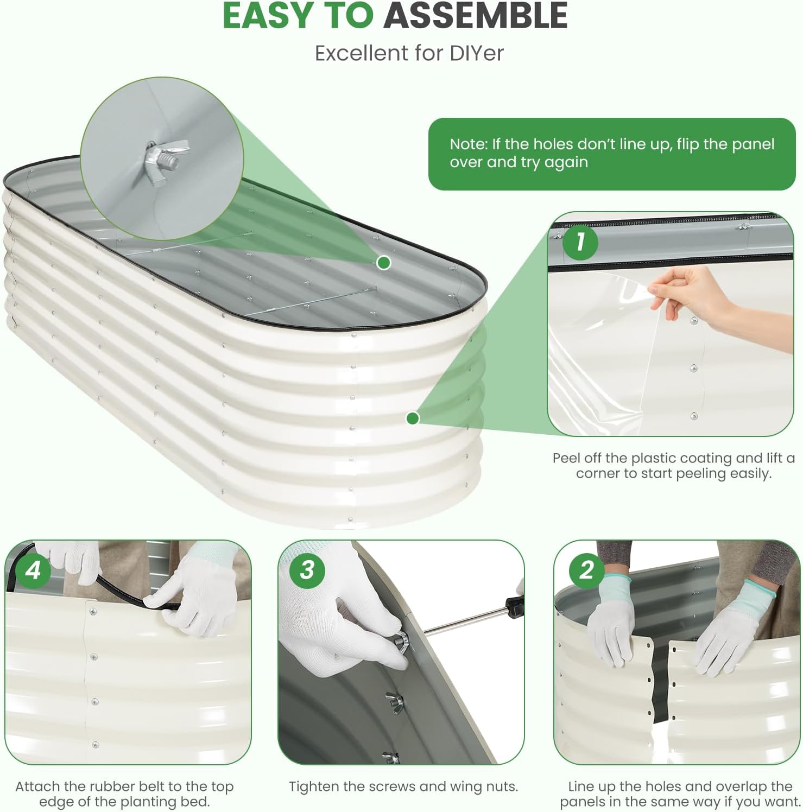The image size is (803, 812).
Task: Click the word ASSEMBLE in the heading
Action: click(476, 16)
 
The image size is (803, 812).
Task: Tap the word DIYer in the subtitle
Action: click(477, 53)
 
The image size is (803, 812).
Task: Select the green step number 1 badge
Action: click(580, 242)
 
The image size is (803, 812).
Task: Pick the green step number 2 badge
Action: click(586, 570)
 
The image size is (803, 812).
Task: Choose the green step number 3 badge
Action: click(307, 570)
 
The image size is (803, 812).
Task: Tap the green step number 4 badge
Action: click(33, 570)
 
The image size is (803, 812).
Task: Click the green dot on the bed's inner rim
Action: click(384, 263)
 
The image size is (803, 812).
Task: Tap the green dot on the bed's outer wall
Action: click(413, 418)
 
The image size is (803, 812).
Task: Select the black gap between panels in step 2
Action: click(661, 684)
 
